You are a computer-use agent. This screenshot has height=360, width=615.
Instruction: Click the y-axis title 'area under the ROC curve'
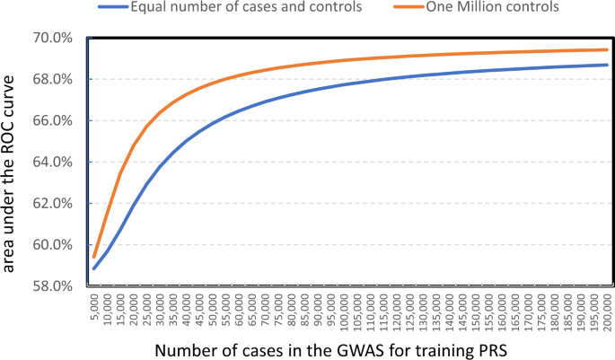12,162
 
